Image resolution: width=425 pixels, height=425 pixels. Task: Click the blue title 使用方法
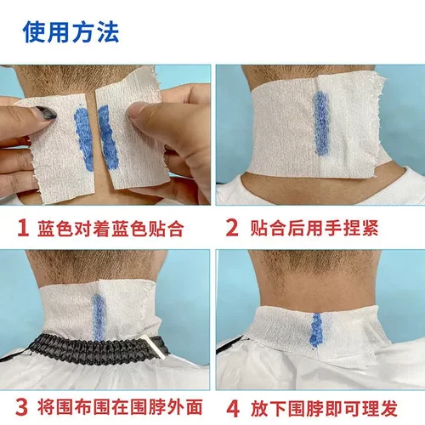[x=71, y=32]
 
